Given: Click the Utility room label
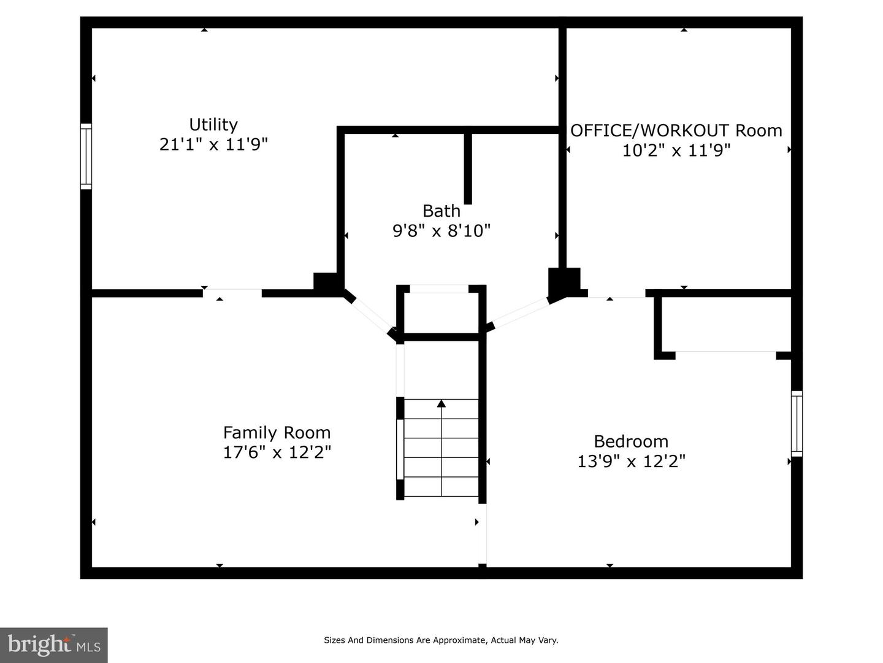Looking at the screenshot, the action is click(x=213, y=125).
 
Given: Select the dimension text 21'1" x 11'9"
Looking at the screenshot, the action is click(x=213, y=144).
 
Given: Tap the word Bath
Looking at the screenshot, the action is click(x=441, y=211).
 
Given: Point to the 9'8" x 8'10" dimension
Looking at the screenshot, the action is click(x=442, y=231).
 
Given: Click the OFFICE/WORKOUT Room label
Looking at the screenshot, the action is click(x=676, y=131).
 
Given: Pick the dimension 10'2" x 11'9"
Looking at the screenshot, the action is click(x=676, y=150).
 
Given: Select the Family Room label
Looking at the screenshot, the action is click(x=277, y=433).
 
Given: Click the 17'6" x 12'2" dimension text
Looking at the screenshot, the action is click(x=277, y=452).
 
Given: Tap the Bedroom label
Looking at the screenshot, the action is click(x=631, y=441).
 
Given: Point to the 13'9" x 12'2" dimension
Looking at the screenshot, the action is click(x=631, y=461).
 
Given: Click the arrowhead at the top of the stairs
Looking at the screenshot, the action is click(x=442, y=403).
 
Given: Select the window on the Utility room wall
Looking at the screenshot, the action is click(x=86, y=156).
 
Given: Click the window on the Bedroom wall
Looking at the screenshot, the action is click(x=797, y=424).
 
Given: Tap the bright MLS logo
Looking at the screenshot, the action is click(x=54, y=645).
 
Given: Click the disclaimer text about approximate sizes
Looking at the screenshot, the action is click(x=441, y=640).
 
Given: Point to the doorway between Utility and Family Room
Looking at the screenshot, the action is click(x=232, y=293).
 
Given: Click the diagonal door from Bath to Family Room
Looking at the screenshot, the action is click(x=372, y=316).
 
